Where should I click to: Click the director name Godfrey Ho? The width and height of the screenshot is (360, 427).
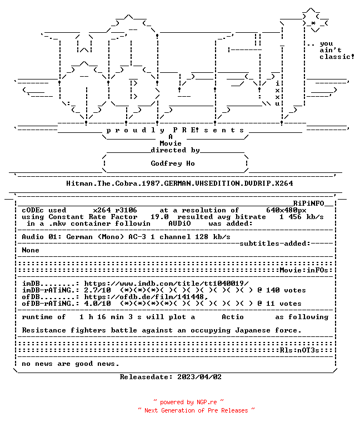173,163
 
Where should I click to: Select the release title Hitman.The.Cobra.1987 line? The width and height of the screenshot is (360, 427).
179,183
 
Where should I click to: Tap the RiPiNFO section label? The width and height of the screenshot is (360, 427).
308,203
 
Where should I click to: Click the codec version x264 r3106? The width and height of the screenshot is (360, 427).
115,210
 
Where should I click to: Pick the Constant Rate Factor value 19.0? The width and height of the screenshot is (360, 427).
159,217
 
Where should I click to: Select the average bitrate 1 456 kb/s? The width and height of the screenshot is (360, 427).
302,217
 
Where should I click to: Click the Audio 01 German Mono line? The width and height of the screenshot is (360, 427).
126,237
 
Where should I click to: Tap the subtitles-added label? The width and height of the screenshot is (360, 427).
275,244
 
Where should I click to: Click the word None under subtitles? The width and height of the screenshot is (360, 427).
31,250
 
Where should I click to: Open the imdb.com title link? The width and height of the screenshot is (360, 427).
166,284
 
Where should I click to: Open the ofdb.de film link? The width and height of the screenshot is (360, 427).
146,297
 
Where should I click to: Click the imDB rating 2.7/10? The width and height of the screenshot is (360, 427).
97,290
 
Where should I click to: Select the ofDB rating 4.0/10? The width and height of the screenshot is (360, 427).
97,304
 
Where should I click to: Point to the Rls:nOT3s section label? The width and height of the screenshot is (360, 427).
299,350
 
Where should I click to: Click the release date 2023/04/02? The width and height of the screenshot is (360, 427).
199,377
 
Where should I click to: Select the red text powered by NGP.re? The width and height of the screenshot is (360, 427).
188,402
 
